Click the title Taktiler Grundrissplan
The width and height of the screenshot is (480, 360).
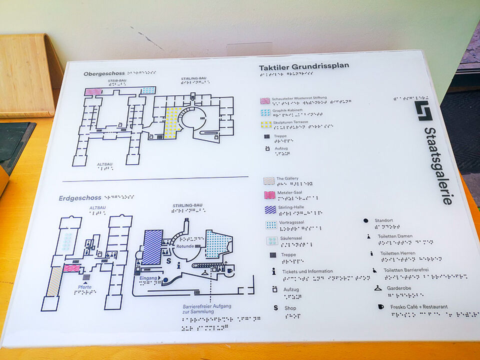(x=303, y=66)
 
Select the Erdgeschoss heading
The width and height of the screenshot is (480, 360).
(x=80, y=198)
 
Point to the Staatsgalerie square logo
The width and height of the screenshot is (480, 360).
(x=423, y=111)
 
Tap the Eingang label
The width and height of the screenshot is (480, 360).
(x=148, y=277)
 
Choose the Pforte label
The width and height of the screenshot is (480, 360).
(x=84, y=286)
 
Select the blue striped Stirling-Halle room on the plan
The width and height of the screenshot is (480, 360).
(x=152, y=247)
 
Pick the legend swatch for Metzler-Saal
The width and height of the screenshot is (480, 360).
(x=269, y=194)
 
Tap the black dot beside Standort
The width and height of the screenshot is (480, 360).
(x=365, y=220)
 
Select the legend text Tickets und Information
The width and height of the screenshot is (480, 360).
(x=307, y=271)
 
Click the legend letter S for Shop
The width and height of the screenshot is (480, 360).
(x=275, y=307)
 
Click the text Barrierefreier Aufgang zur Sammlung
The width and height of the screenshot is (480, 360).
(x=206, y=309)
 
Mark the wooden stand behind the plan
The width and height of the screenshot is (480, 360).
(x=28, y=75)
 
